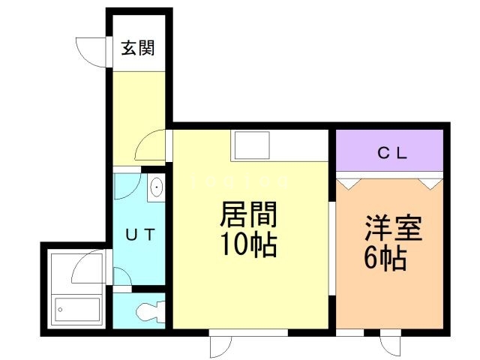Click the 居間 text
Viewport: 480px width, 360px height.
tap(248, 216)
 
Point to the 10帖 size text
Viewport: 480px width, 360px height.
tap(248, 244)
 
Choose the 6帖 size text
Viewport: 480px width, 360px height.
tap(385, 259)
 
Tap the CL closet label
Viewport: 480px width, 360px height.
tap(391, 154)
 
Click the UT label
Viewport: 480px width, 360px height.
tap(139, 235)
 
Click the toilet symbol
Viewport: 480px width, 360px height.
tap(150, 310)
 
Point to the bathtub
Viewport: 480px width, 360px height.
tap(78, 308)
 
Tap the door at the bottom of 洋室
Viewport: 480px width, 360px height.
tap(391, 346)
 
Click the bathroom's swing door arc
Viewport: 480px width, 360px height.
tap(90, 266)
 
